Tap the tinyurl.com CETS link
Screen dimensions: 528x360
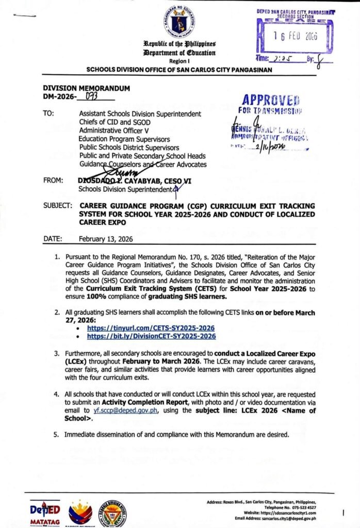pos(151,328)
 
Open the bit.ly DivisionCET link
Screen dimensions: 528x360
pos(151,336)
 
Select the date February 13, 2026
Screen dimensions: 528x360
pos(106,239)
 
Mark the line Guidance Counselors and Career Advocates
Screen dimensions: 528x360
pos(142,164)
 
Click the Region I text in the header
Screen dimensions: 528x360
pos(180,60)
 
